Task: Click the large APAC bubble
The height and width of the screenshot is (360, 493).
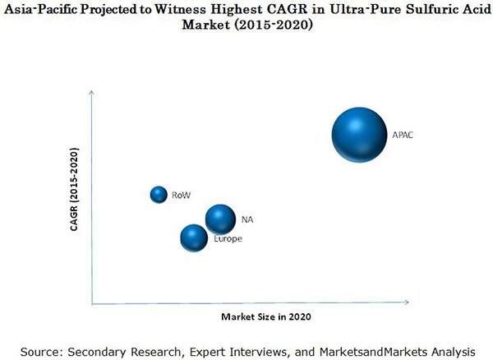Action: point(359,135)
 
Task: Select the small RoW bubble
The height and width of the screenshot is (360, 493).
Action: point(159,194)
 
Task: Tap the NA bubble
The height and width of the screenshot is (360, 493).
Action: point(219,219)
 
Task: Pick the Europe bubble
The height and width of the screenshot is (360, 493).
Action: point(194,238)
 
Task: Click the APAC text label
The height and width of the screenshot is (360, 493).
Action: point(403,135)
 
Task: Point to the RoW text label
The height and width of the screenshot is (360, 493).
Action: point(182,196)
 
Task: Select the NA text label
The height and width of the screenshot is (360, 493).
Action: point(246,219)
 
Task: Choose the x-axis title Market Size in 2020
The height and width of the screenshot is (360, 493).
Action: point(266,316)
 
